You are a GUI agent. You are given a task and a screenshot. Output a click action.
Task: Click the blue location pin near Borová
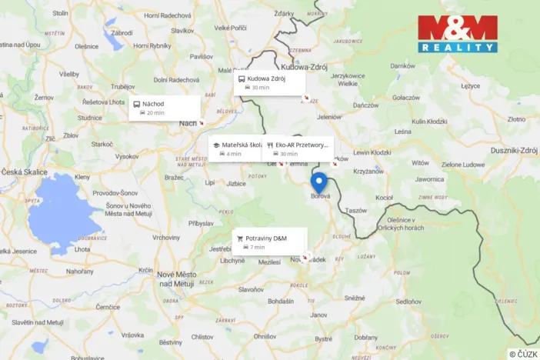[x=318, y=183]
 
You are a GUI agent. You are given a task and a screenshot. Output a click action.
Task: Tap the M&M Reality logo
[x=458, y=34]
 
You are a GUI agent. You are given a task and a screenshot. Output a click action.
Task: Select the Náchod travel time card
[x=165, y=108]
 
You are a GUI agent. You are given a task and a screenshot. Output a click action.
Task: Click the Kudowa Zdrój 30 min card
[x=269, y=82]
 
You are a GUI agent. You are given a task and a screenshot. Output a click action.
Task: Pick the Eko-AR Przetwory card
[x=298, y=148]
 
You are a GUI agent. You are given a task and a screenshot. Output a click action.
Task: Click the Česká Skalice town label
[x=25, y=172]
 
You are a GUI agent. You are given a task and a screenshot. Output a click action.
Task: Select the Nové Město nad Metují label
[x=177, y=279]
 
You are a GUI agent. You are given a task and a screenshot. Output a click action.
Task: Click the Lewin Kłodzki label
[x=372, y=152]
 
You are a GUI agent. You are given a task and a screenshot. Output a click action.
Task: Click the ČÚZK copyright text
[x=523, y=353]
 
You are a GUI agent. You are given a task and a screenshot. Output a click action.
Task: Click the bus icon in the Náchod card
[x=136, y=104]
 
